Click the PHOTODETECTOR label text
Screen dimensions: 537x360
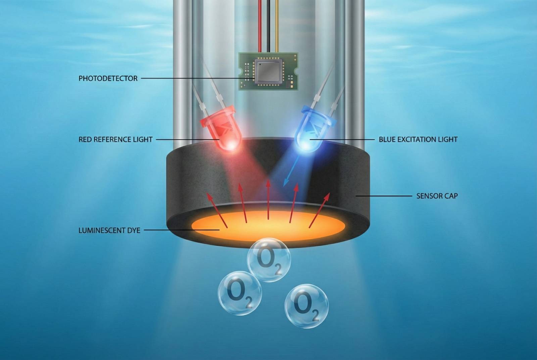click(x=108, y=79)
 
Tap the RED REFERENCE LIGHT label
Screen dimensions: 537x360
click(x=115, y=140)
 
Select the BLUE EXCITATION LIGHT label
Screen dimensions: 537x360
click(x=418, y=140)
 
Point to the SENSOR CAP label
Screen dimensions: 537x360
click(x=437, y=196)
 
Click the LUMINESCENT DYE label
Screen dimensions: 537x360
click(x=109, y=230)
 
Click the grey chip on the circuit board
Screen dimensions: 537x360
click(x=268, y=71)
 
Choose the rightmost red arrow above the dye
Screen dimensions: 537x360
click(x=319, y=210)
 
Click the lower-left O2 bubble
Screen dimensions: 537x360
click(x=240, y=293)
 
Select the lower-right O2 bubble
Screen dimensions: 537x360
click(x=306, y=306)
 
